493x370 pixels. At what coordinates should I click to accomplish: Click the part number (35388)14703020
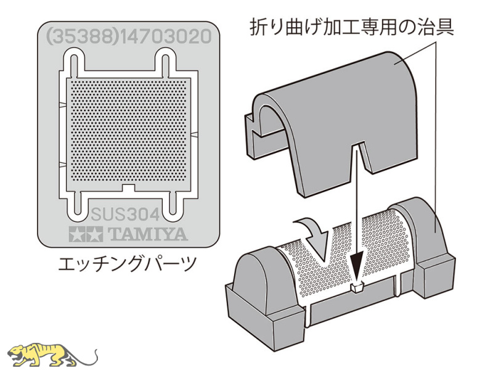(x=129, y=36)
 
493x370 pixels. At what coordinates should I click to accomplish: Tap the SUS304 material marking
(x=125, y=215)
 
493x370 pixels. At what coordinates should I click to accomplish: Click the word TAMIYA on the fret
(x=147, y=234)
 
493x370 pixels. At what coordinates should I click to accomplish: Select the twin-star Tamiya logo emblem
(x=86, y=234)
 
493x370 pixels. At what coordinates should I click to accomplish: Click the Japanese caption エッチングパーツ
(x=127, y=264)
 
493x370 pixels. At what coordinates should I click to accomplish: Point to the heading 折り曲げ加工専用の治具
(x=352, y=27)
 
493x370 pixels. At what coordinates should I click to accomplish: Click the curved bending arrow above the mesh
(x=312, y=239)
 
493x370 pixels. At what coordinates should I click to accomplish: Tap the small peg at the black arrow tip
(x=357, y=287)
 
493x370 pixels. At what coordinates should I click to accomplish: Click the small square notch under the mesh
(x=128, y=188)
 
